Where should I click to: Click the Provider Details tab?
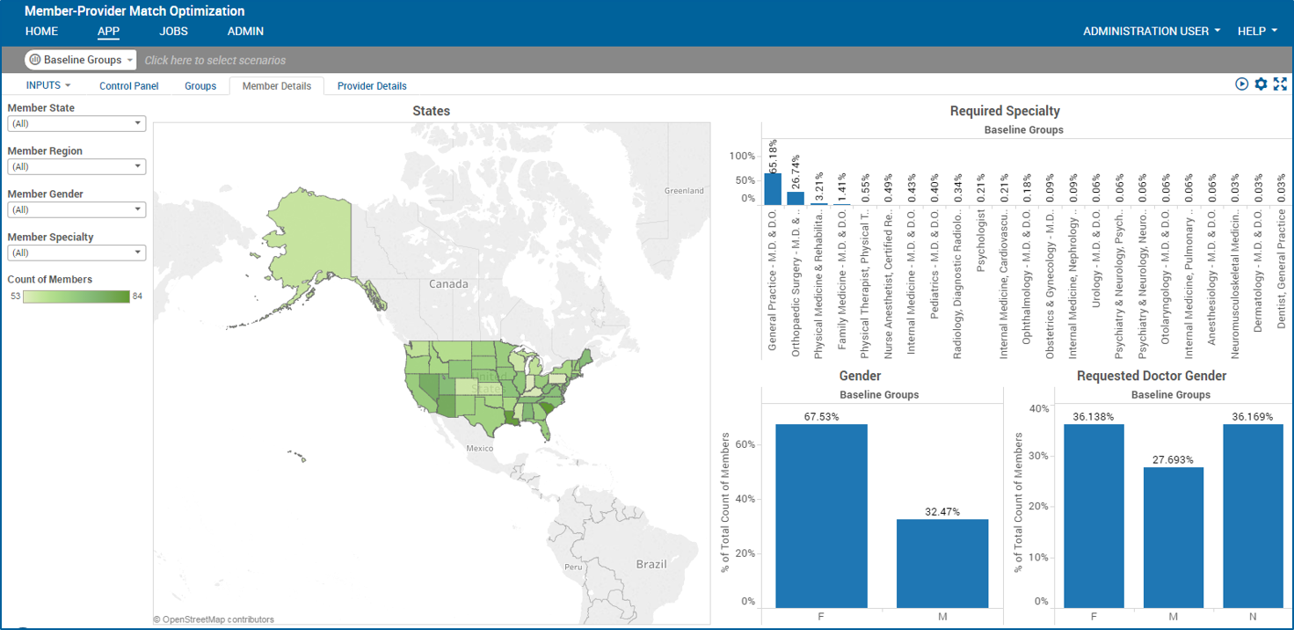(x=372, y=86)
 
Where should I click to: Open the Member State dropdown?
(x=76, y=124)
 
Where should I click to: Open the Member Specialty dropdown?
(x=76, y=253)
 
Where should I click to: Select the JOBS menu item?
(x=173, y=32)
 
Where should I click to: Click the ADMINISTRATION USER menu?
(x=1151, y=32)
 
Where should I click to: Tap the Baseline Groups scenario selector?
(x=81, y=60)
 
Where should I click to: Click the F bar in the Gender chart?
(x=821, y=516)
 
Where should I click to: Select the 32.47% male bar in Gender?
(x=942, y=563)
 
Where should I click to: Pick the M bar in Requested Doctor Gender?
(x=1173, y=537)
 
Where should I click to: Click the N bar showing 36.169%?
(x=1253, y=516)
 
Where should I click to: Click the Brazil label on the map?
(x=651, y=564)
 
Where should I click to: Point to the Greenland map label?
(x=684, y=191)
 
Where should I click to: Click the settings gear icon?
(x=1261, y=84)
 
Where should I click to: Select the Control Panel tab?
(x=128, y=86)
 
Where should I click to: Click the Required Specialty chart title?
(x=1005, y=111)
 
